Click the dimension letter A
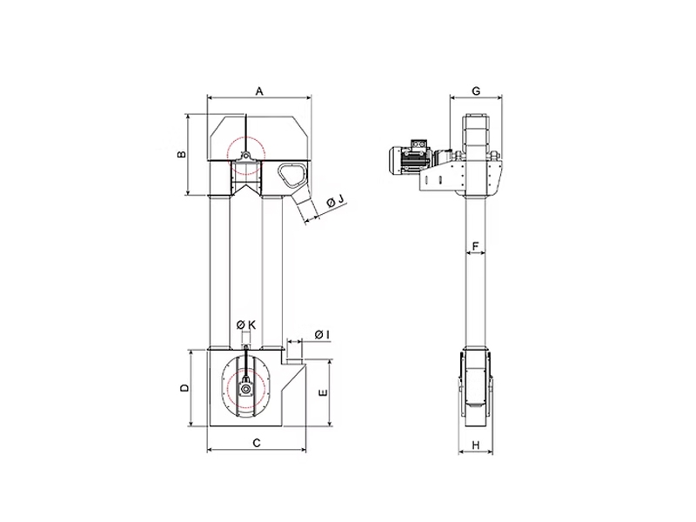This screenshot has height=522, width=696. point(259,91)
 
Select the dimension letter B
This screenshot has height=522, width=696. point(182,155)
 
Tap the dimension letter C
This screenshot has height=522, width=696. point(257,443)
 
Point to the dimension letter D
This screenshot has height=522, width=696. point(184,387)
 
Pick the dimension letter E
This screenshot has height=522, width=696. point(323,392)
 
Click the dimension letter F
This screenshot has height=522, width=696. point(475,246)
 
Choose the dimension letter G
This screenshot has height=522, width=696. point(476,91)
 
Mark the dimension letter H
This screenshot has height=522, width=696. point(475,445)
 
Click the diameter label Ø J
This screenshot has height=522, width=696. point(336,201)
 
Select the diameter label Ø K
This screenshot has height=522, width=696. point(246,325)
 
